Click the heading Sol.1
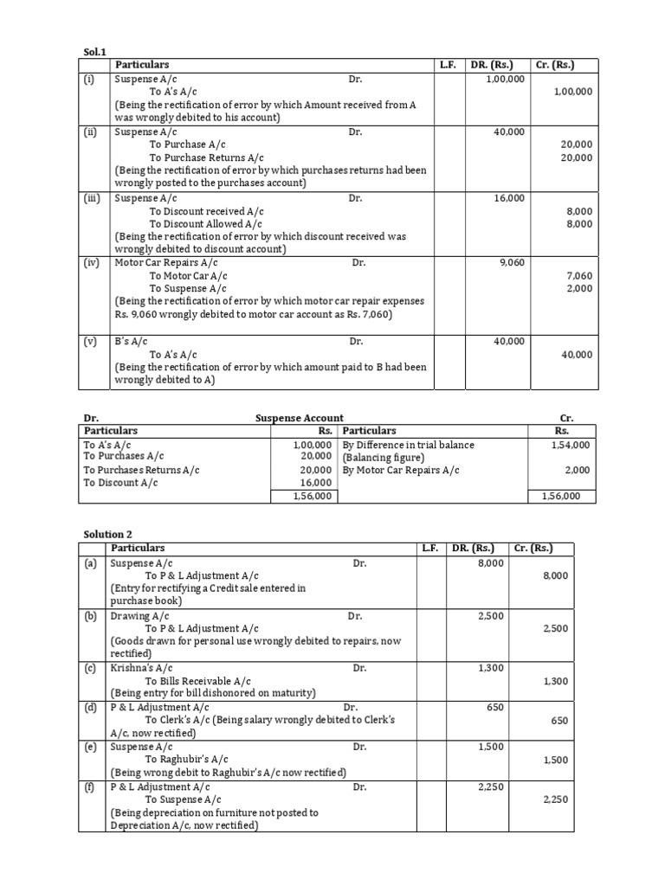coord(90,52)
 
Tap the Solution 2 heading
coord(107,535)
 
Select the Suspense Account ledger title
coord(300,418)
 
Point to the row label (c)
coord(90,668)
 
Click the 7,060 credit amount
coord(578,276)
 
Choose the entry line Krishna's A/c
coord(142,668)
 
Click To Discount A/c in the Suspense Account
coord(120,483)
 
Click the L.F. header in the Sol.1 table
coord(448,65)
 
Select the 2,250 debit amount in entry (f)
coord(491,786)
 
